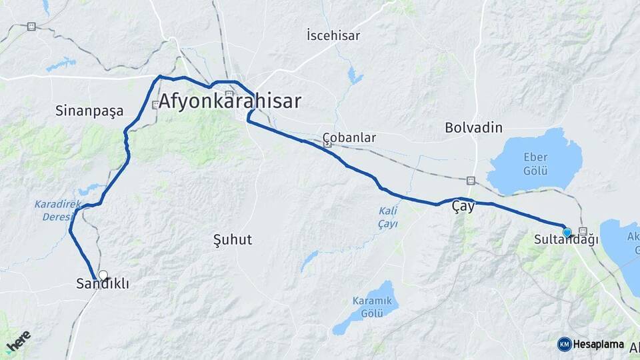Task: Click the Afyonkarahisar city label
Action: [x=230, y=102]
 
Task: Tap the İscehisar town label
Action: [x=333, y=35]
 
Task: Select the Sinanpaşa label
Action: [x=89, y=111]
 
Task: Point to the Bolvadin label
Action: [x=473, y=127]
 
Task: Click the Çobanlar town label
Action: [x=349, y=138]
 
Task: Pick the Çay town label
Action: [x=463, y=207]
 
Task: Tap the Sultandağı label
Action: [x=567, y=239]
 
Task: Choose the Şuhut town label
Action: [x=232, y=240]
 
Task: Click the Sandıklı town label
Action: [x=103, y=285]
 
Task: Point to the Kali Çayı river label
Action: [x=388, y=217]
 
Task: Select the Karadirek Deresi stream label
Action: [x=53, y=211]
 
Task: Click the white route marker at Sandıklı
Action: [x=103, y=275]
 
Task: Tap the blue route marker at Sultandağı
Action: [x=567, y=232]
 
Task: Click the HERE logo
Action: [x=18, y=341]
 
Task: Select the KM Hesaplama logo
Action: [x=591, y=344]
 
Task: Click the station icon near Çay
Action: [x=471, y=180]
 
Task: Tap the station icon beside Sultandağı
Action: [x=583, y=231]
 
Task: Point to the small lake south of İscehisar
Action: [x=355, y=77]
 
